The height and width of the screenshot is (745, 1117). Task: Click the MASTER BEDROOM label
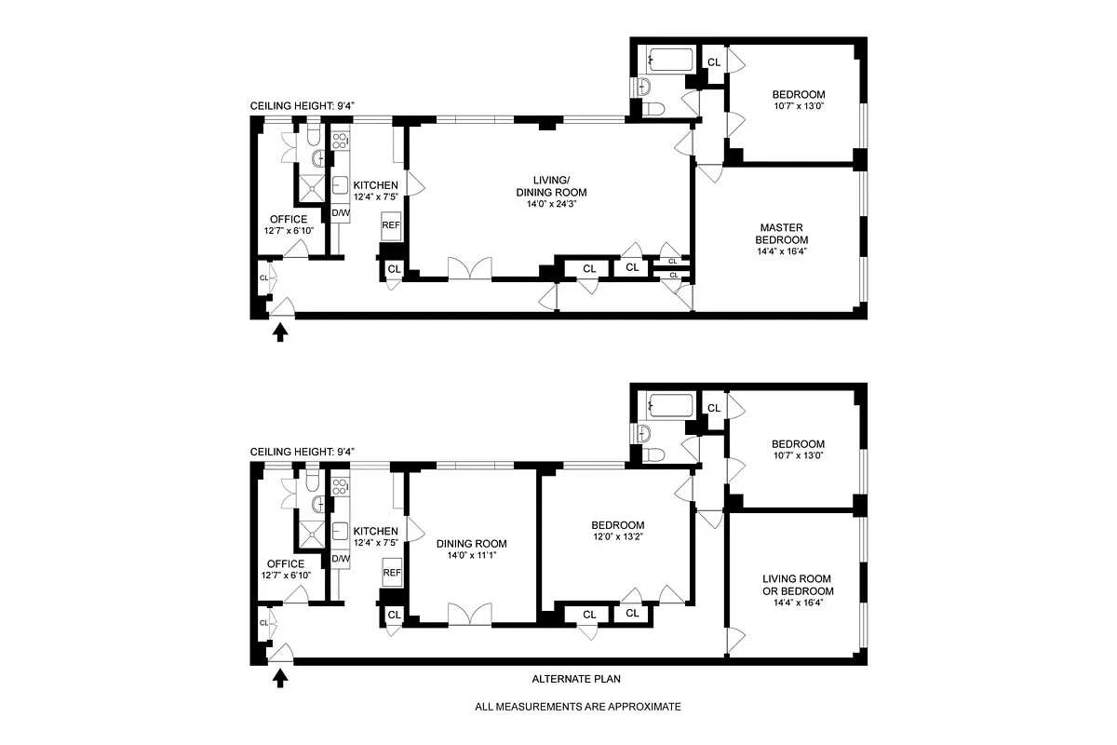(781, 234)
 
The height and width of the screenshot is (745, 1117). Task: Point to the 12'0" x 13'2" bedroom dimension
(611, 538)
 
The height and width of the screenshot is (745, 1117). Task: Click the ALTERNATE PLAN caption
(572, 679)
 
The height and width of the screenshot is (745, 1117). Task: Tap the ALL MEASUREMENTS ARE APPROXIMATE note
(577, 707)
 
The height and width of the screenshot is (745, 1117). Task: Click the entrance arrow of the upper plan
(279, 332)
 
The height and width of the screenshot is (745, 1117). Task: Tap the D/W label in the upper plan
(341, 213)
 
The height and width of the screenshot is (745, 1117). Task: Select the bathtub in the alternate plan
(672, 406)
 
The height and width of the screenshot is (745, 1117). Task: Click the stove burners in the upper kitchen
(340, 142)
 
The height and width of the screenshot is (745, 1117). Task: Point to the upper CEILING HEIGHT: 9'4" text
(302, 106)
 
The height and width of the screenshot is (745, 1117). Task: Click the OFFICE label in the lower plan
(286, 563)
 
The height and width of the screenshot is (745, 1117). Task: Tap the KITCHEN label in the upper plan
(375, 185)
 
